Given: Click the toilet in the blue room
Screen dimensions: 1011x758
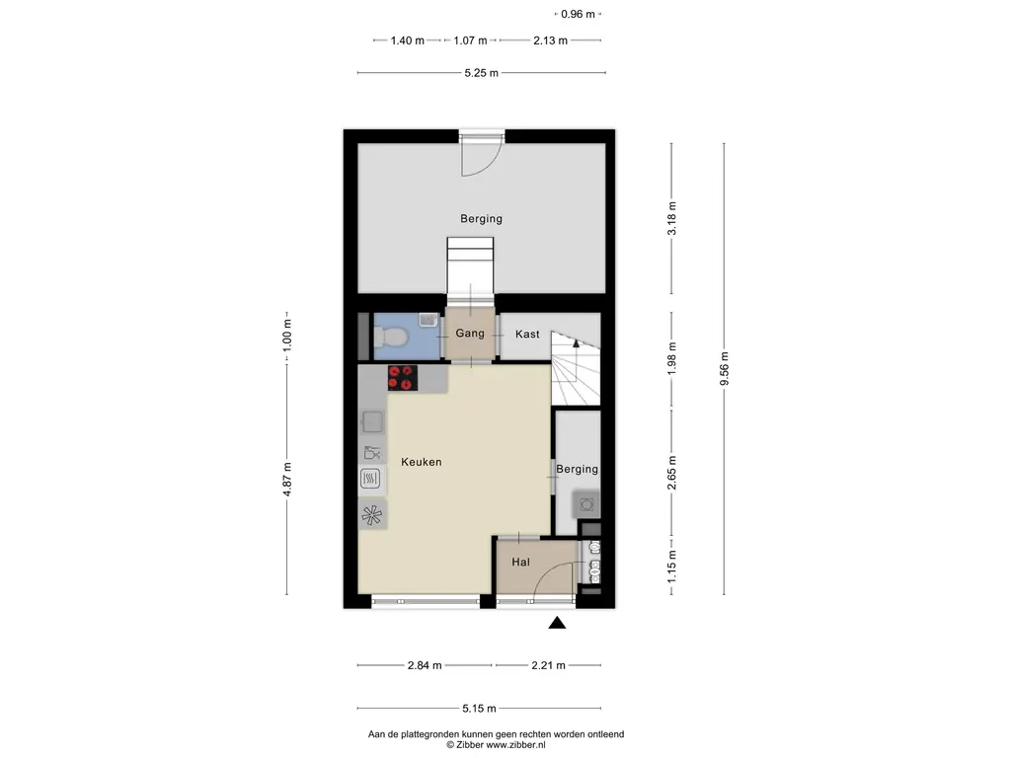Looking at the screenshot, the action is point(391,337).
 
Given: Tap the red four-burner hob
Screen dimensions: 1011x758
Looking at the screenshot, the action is point(403,378).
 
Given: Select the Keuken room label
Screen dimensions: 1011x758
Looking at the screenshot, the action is point(421,462).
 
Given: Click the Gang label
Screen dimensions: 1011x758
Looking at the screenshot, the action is point(469,334).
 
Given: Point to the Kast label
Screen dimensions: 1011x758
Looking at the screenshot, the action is point(527,334).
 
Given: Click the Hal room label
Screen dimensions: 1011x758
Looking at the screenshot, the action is point(521,562).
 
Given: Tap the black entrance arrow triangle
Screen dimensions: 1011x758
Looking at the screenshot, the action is point(557,623).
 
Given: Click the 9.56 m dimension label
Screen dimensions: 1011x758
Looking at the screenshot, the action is point(724,369).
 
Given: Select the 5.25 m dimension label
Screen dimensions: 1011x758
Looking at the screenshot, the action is point(482,73).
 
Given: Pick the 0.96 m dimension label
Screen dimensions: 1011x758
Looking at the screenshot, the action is point(578,14).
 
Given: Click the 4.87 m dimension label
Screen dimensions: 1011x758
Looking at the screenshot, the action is point(287,480).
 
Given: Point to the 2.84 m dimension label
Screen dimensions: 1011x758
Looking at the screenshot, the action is point(425,665).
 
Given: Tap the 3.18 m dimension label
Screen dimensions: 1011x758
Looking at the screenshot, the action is point(671,218).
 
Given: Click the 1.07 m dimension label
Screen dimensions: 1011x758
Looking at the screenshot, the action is point(470,40).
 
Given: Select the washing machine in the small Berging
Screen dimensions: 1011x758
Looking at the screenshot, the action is point(586,504).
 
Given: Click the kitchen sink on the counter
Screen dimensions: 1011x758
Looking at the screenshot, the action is point(372,422).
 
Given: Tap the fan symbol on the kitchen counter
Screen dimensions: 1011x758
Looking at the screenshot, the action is point(372,515).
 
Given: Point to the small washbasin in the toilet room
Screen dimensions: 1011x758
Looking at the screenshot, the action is point(428,320).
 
